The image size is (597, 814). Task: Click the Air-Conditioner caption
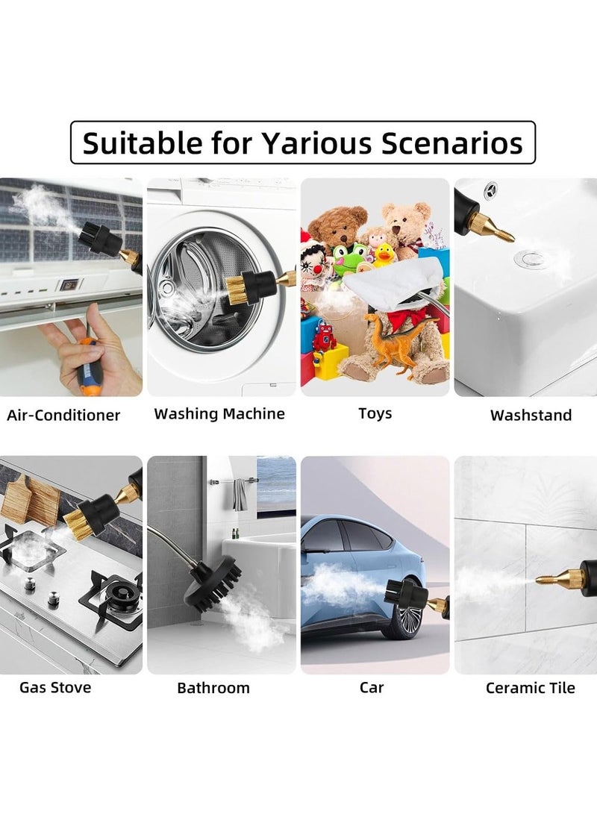[x=63, y=416]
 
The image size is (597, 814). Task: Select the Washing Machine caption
[x=219, y=413]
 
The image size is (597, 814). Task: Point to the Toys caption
[x=375, y=413]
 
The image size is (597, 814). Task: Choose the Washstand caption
[x=531, y=416]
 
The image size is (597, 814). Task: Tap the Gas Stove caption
[x=55, y=687]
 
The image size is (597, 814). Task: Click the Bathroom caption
[x=213, y=688]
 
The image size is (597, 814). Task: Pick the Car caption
[x=372, y=687]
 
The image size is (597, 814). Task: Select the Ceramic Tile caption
[x=531, y=688]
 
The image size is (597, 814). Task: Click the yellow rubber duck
[x=384, y=256]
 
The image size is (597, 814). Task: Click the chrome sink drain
[x=530, y=259]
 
